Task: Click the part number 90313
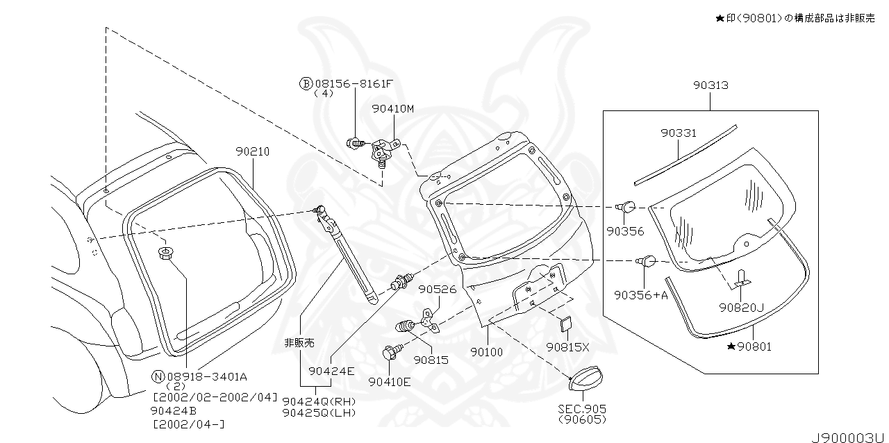tap(710, 85)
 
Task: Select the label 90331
tap(679, 133)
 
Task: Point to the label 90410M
tap(392, 109)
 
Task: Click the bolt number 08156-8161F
tap(354, 83)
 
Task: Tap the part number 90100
tap(486, 352)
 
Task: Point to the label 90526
tap(438, 289)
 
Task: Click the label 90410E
tap(389, 381)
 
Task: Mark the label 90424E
tap(331, 371)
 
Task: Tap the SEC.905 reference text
tap(581, 409)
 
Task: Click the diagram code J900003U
tap(850, 435)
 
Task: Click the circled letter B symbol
tap(305, 83)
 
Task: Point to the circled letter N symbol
tap(158, 376)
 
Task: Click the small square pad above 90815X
tap(564, 323)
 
